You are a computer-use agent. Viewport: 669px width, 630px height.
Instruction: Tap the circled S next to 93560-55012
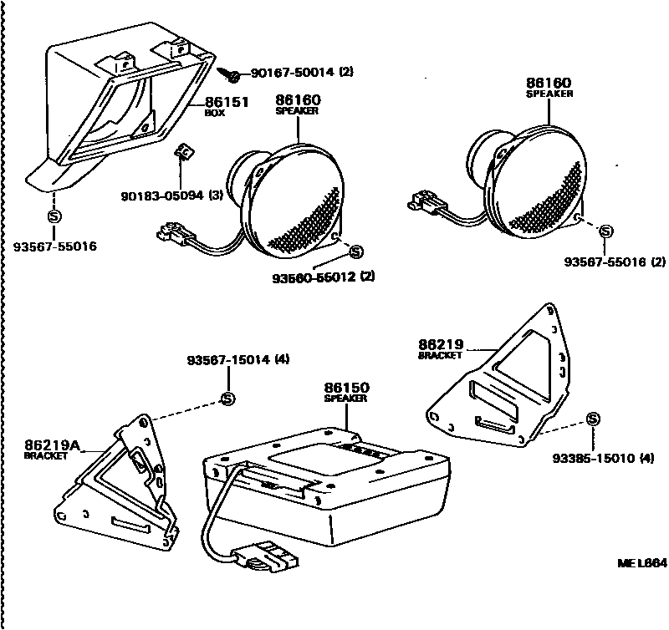point(355,251)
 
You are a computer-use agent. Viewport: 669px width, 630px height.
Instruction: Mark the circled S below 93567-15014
point(227,398)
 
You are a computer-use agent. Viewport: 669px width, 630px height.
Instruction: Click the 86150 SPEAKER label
point(346,392)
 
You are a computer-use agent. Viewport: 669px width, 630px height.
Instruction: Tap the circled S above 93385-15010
point(593,419)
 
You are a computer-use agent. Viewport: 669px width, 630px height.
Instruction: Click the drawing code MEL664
point(640,562)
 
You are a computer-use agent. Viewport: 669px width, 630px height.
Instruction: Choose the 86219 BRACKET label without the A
point(440,347)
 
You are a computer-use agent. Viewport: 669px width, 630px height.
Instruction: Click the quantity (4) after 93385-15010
point(647,458)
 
